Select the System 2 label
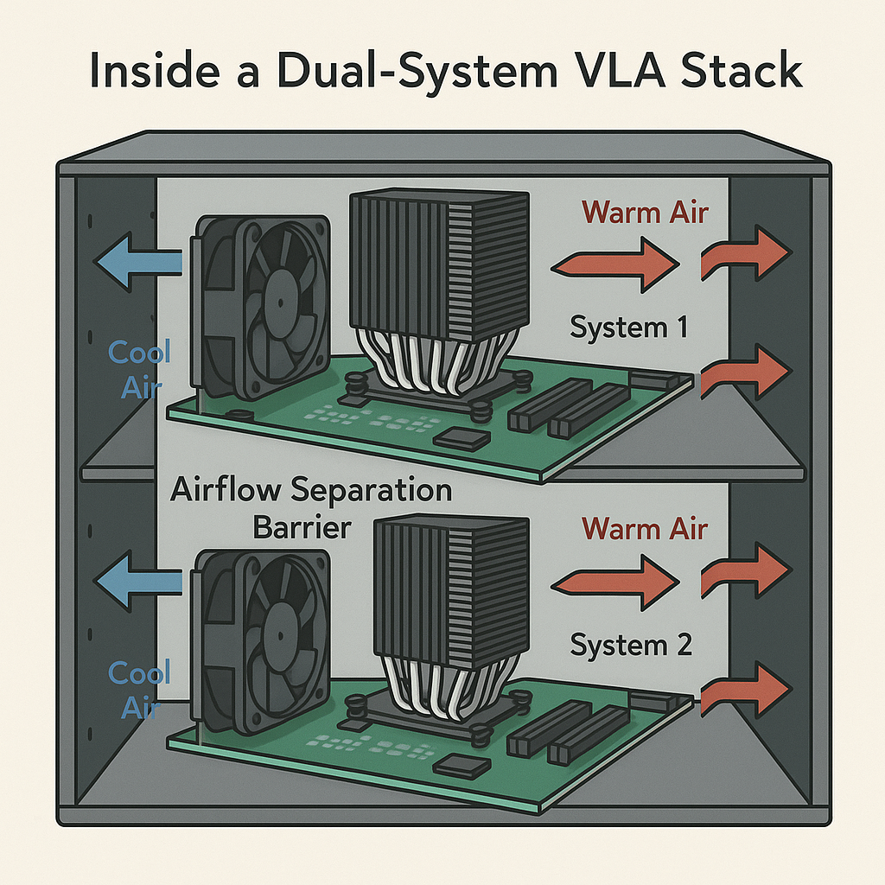(x=633, y=645)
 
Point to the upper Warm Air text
(x=644, y=212)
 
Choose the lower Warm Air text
(x=644, y=528)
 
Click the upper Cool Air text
(x=139, y=370)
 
